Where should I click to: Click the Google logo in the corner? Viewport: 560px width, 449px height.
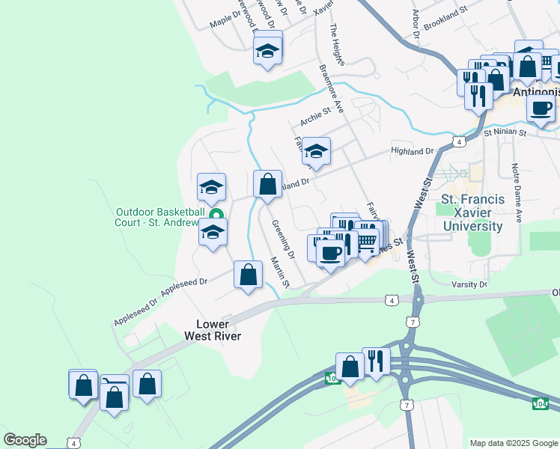(x=25, y=440)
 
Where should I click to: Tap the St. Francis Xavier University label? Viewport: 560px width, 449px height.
(x=472, y=213)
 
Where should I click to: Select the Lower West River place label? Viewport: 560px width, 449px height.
(x=213, y=330)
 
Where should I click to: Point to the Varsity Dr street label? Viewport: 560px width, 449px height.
(x=469, y=284)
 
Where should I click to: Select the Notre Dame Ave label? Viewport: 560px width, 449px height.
(x=516, y=193)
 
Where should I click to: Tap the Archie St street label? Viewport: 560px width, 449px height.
(x=315, y=117)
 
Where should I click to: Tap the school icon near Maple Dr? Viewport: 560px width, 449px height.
(x=267, y=50)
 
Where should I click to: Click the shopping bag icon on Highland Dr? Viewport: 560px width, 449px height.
(x=267, y=183)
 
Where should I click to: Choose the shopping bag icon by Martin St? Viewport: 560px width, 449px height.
(x=248, y=274)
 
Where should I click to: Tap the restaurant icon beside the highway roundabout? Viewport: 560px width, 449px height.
(x=376, y=361)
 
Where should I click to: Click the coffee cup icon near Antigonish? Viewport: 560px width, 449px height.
(x=540, y=106)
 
